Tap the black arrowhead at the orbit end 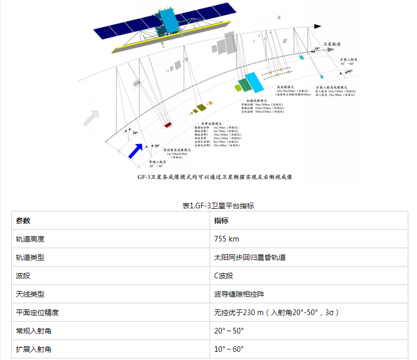pos(318,25)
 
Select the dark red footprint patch pos(167,124)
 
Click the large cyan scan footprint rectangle pos(252,82)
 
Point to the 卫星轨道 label pos(333,44)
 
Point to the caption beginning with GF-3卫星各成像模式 pos(214,176)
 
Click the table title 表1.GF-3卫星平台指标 pos(218,206)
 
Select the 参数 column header pos(24,221)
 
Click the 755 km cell pos(227,239)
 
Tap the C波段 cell pos(224,276)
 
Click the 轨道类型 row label pos(30,257)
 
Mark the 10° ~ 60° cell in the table pos(229,349)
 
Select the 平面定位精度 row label pos(34,313)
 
